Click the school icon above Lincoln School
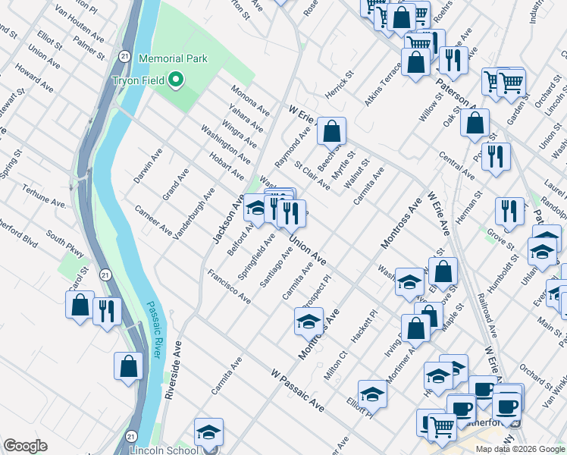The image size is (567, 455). [208, 432]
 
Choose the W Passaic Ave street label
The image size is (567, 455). [298, 391]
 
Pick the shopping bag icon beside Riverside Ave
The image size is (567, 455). [129, 366]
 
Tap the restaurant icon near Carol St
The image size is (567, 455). [107, 310]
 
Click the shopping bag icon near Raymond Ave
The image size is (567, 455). [331, 131]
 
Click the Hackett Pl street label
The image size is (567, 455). [365, 325]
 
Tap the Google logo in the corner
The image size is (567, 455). [25, 446]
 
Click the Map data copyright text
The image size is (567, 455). [520, 449]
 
